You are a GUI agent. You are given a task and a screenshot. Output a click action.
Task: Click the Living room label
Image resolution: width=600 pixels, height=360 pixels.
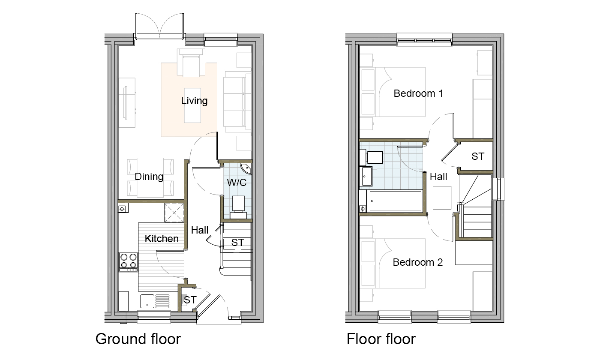point(194,101)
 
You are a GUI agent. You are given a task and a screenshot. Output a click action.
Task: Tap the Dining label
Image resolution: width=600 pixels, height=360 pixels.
point(149,177)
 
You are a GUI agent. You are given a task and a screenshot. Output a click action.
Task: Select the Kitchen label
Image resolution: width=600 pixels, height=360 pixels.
point(162,239)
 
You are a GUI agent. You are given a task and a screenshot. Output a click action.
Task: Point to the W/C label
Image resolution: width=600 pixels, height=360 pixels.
point(237,183)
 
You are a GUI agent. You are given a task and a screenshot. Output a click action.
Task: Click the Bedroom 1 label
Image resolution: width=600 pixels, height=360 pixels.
point(418,93)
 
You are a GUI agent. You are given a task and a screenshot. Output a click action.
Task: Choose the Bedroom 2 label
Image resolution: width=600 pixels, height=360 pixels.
point(417,262)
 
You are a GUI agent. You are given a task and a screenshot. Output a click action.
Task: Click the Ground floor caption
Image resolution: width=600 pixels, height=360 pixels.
point(138,339)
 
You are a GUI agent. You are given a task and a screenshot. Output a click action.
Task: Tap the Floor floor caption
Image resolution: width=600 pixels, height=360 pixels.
point(381,339)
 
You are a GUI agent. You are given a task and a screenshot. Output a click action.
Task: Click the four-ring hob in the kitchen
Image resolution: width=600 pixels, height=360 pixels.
point(128,261)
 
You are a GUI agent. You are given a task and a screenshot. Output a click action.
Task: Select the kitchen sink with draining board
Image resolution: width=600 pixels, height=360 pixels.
point(155,301)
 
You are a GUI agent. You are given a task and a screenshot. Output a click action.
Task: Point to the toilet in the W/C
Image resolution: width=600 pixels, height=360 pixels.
point(238,207)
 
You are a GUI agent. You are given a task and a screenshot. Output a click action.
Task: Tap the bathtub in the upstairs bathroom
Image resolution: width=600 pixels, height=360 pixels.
point(395,201)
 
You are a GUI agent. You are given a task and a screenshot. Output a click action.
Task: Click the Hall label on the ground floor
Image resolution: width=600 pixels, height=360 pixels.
point(200,230)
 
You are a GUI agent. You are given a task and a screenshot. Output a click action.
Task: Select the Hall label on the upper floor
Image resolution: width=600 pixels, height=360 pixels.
point(438,177)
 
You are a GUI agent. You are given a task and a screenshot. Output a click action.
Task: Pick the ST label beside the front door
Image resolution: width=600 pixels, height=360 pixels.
point(190,300)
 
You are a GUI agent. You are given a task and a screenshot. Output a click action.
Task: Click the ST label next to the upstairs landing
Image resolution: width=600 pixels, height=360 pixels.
point(478,156)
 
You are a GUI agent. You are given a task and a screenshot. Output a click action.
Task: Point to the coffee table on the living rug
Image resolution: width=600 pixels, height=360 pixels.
point(192,105)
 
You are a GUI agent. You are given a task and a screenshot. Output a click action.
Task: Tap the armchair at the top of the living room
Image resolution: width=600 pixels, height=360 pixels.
point(191,63)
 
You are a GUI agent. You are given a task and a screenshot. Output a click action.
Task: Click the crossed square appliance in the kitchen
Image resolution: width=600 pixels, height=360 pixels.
point(174,213)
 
